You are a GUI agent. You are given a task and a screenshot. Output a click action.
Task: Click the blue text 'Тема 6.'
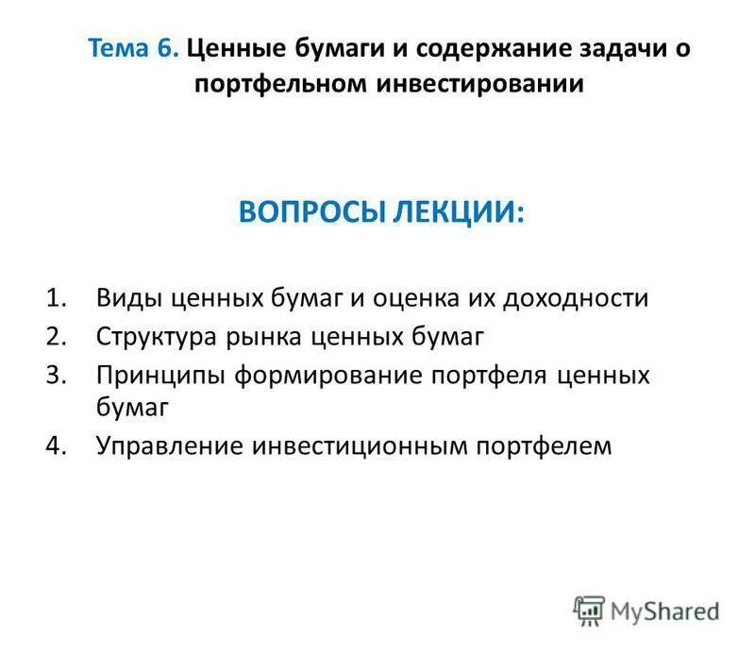pyautogui.click(x=133, y=48)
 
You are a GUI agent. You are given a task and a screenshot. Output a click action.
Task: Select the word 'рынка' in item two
pyautogui.click(x=280, y=337)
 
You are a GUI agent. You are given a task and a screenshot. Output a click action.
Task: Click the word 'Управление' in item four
pyautogui.click(x=170, y=444)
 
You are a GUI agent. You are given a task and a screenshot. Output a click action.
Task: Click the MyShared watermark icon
pyautogui.click(x=588, y=612)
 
